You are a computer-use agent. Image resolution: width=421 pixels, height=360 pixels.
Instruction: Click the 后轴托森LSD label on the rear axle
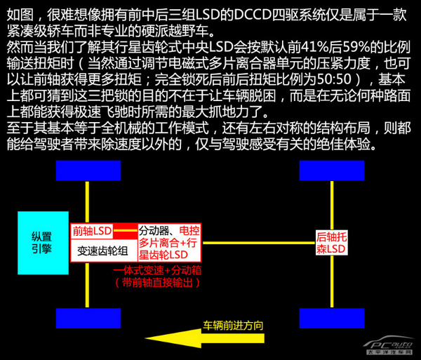coord(331,243)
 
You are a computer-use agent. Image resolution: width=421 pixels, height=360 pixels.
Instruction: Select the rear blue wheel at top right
coord(330,171)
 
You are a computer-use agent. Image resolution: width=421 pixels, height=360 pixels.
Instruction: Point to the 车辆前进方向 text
coord(233,325)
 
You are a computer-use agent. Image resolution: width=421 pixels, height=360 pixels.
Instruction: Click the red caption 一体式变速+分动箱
coord(156,269)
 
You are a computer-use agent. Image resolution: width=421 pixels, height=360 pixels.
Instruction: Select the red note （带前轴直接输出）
coord(156,282)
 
